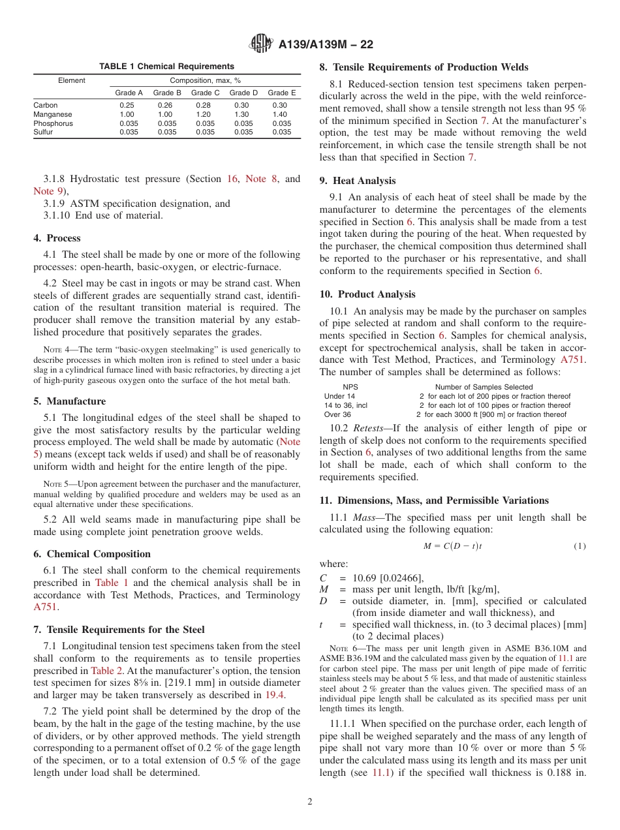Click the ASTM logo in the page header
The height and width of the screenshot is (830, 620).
(x=261, y=45)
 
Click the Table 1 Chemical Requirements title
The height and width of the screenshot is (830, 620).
(x=166, y=67)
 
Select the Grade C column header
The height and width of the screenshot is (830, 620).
(x=205, y=93)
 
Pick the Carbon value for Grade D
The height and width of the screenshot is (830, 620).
(x=243, y=105)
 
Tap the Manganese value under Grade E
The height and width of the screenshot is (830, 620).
(x=281, y=114)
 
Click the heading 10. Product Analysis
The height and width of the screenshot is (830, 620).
(x=367, y=294)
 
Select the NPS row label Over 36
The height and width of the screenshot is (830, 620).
(x=337, y=414)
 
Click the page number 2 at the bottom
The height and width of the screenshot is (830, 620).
(x=309, y=802)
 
